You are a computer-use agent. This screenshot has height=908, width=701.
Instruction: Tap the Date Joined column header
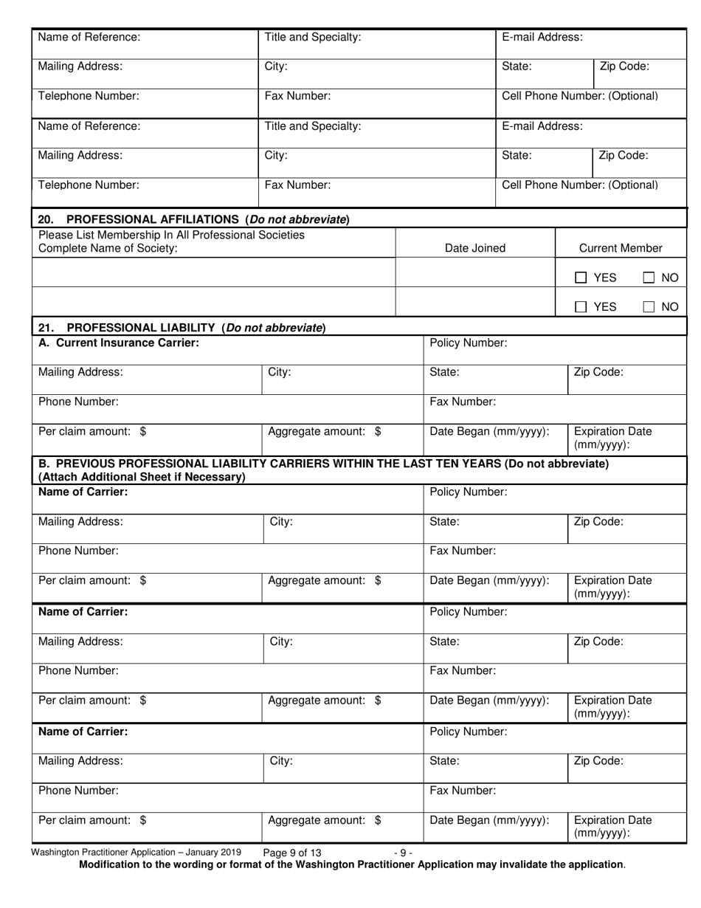point(475,248)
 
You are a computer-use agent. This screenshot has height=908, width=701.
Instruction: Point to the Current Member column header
point(621,248)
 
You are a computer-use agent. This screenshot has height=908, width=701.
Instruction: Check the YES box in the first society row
point(581,278)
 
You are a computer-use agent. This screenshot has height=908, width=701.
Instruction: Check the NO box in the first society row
point(649,278)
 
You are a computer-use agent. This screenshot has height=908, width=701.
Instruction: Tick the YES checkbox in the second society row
point(581,306)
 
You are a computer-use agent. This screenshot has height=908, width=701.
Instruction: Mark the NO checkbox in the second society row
point(649,306)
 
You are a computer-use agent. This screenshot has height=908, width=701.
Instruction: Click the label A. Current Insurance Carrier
point(118,343)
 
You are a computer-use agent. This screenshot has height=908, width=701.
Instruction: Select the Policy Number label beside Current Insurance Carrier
point(468,343)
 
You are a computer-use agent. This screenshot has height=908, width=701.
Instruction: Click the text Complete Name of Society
point(108,248)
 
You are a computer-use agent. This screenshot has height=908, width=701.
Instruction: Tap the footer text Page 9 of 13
point(292,853)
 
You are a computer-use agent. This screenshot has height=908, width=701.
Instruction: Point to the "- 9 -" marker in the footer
point(403,853)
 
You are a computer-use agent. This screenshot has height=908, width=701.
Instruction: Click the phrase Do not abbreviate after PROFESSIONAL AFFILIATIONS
point(298,219)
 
